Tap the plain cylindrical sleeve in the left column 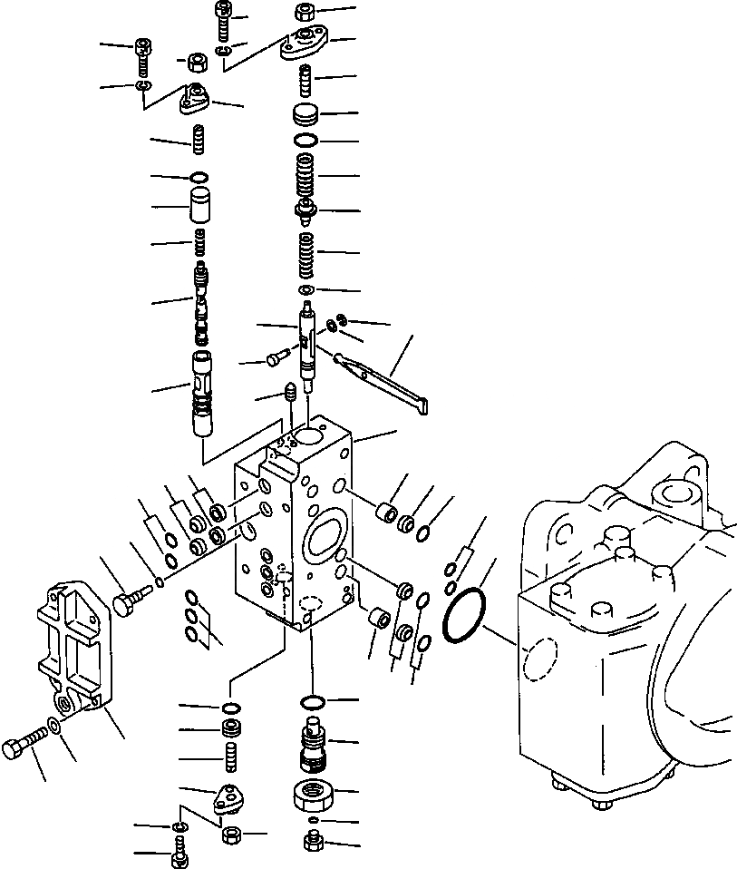200,208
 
